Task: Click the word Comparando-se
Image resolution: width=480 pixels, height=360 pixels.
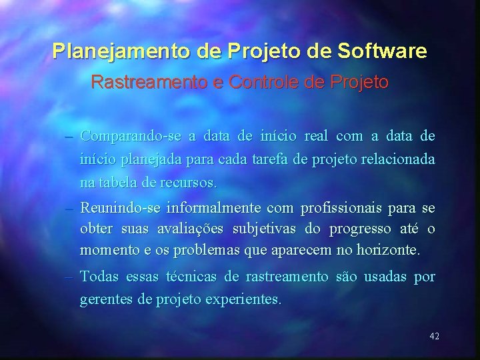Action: (x=131, y=137)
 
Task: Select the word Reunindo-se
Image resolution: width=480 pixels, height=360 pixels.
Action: (x=121, y=209)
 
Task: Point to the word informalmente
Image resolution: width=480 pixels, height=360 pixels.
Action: (x=216, y=209)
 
